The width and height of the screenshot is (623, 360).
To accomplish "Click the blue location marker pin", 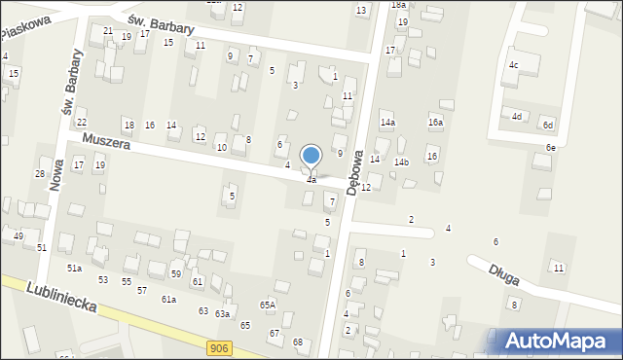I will click(311, 156).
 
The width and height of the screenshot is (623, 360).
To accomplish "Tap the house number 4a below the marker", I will click(311, 180).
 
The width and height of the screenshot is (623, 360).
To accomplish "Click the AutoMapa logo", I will click(561, 341).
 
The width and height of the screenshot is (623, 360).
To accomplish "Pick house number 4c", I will click(513, 66).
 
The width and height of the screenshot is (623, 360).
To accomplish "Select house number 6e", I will click(550, 147).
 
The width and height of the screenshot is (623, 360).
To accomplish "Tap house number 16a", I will click(435, 123).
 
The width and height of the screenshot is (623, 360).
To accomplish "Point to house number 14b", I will click(401, 162).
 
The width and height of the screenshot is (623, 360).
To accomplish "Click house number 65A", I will click(267, 305).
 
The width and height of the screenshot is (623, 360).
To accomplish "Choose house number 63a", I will click(222, 313).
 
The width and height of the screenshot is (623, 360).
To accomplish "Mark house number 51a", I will click(74, 268).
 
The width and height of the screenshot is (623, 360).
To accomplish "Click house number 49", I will click(18, 236).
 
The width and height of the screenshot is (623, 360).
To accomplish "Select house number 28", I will click(40, 174).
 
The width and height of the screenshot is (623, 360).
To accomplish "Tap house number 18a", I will click(398, 5).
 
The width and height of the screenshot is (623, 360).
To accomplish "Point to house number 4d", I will click(518, 117).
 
